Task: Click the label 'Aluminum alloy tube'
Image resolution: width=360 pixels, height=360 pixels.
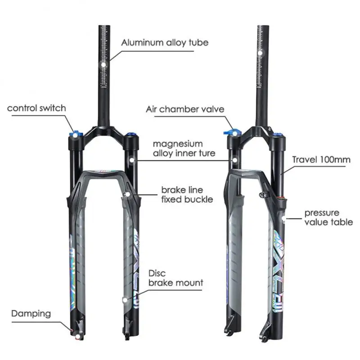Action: click(165, 43)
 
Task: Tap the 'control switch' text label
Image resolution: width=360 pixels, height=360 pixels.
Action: click(36, 108)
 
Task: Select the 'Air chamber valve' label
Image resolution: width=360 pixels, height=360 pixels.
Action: click(184, 109)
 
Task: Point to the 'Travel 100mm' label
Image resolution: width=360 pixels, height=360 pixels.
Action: click(321, 160)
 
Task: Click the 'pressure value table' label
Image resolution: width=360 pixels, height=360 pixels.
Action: click(328, 217)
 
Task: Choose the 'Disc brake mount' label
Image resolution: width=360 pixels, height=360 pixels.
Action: click(175, 278)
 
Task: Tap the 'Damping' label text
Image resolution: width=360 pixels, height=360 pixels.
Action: click(31, 313)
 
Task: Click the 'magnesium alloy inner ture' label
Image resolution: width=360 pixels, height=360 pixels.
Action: click(184, 148)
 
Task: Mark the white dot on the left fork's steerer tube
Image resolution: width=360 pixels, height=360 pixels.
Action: click(104, 65)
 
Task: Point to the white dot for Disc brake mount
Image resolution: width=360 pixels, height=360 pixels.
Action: click(124, 298)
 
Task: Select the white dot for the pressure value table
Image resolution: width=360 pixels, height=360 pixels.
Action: click(283, 219)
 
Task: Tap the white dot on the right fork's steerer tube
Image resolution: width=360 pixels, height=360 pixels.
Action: click(260, 53)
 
